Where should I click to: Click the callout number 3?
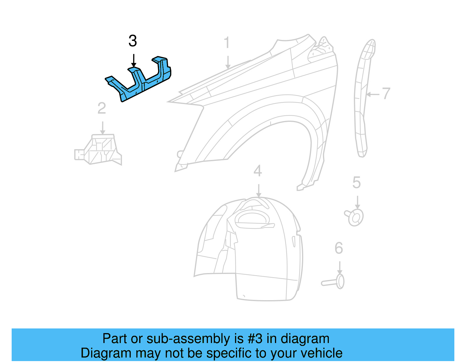133,41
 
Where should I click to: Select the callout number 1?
227,43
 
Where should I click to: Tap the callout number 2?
102,108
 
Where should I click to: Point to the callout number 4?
257,171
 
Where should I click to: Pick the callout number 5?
356,183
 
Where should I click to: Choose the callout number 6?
339,248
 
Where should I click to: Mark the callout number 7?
386,94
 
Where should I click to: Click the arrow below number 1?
228,62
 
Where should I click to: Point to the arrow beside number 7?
373,94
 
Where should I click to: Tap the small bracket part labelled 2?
100,150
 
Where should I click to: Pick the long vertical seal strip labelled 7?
361,99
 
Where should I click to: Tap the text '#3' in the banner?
255,339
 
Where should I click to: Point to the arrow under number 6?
339,268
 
